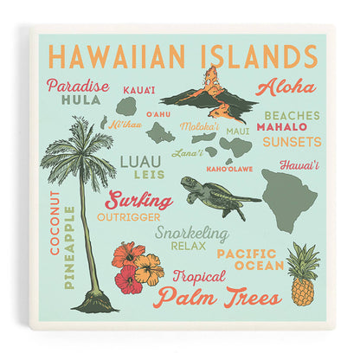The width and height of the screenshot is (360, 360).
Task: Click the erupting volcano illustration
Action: [209, 93]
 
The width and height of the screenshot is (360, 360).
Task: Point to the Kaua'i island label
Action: [138, 89]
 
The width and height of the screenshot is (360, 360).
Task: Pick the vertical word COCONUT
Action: [55, 222]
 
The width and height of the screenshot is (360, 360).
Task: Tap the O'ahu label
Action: [158, 113]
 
